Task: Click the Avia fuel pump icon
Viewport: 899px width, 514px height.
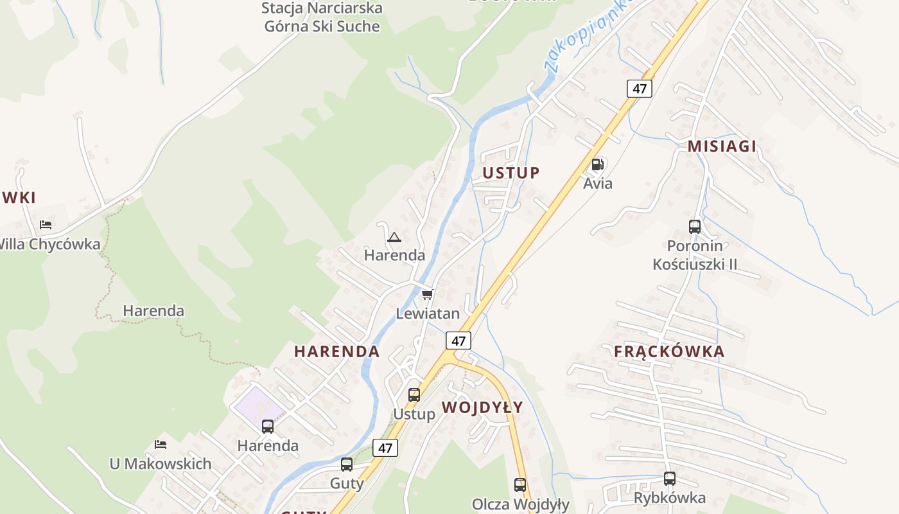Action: pyautogui.click(x=597, y=164)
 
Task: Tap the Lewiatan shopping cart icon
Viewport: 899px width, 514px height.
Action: pyautogui.click(x=427, y=294)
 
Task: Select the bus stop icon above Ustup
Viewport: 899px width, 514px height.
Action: pyautogui.click(x=414, y=394)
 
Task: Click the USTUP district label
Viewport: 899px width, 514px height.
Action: pyautogui.click(x=511, y=172)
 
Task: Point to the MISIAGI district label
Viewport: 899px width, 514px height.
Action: pyautogui.click(x=722, y=146)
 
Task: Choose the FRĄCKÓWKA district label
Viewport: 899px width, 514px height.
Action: pyautogui.click(x=669, y=351)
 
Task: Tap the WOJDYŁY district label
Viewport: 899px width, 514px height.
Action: pyautogui.click(x=482, y=407)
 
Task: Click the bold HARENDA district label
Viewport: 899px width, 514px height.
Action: pyautogui.click(x=336, y=351)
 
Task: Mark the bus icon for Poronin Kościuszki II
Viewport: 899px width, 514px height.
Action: pyautogui.click(x=695, y=226)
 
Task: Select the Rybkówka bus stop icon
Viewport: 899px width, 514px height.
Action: pyautogui.click(x=670, y=478)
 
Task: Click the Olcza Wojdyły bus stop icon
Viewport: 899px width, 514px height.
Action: pyautogui.click(x=520, y=484)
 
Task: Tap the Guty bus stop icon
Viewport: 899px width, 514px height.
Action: pyautogui.click(x=347, y=464)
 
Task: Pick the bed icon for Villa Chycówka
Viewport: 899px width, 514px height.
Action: pyautogui.click(x=46, y=224)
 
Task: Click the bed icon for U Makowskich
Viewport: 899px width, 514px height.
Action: pyautogui.click(x=161, y=444)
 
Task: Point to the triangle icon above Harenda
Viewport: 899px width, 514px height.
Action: pyautogui.click(x=394, y=237)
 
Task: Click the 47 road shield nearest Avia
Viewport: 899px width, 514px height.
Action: pyautogui.click(x=639, y=88)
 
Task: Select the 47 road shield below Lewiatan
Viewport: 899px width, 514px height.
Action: pyautogui.click(x=458, y=340)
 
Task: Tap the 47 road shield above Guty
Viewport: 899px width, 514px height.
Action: pyautogui.click(x=385, y=448)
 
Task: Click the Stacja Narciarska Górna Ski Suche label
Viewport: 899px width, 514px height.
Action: pyautogui.click(x=322, y=17)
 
